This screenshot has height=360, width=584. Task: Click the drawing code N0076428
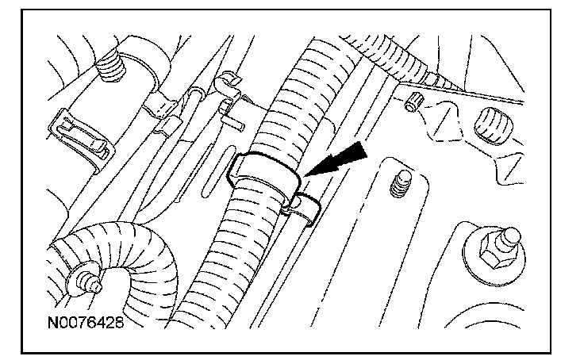[86, 324]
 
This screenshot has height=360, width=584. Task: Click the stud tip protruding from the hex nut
[512, 236]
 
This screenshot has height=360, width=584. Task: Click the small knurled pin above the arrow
[413, 101]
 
